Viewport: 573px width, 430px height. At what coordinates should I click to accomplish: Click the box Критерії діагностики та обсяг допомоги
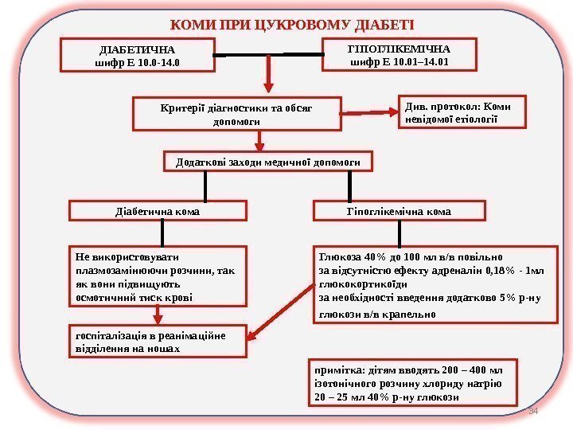point(237,114)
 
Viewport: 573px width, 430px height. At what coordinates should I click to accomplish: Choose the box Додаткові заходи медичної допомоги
point(267,162)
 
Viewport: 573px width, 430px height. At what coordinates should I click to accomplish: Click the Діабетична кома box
point(158,212)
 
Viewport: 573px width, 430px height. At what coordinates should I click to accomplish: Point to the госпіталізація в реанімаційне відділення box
point(155,342)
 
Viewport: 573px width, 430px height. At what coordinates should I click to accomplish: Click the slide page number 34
point(535,411)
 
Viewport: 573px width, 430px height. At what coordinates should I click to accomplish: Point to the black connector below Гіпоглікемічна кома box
point(399,234)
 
